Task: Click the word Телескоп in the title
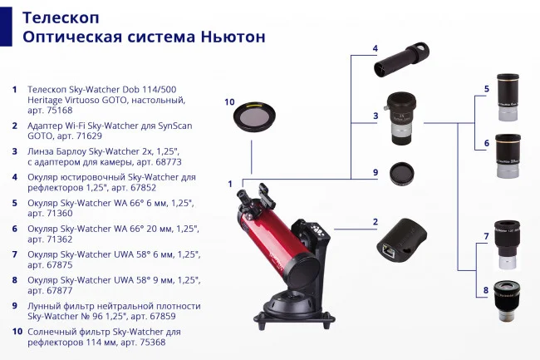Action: tap(57, 17)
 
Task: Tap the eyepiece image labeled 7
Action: tap(508, 244)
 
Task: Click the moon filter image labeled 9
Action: tap(401, 177)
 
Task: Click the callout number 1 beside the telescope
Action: tap(230, 183)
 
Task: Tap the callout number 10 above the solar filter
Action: tap(229, 102)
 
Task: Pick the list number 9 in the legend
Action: tap(14, 305)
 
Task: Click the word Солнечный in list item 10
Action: tap(55, 332)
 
